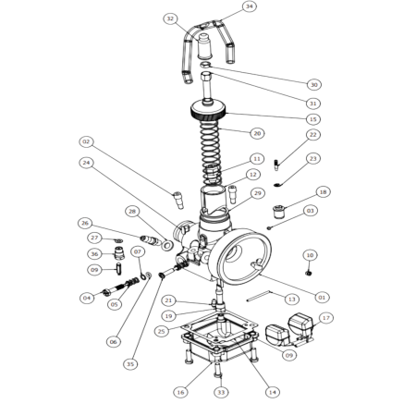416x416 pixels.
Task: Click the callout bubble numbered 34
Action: pyautogui.click(x=250, y=6)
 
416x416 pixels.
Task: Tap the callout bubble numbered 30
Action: pyautogui.click(x=314, y=85)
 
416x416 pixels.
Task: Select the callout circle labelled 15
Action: pyautogui.click(x=313, y=119)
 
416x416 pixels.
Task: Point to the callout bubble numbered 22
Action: pyautogui.click(x=313, y=135)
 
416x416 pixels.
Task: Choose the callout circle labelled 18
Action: pyautogui.click(x=323, y=192)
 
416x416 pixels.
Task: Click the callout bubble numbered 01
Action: pyautogui.click(x=322, y=298)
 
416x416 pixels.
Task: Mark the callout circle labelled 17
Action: pyautogui.click(x=326, y=318)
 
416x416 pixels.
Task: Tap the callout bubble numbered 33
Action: pyautogui.click(x=221, y=392)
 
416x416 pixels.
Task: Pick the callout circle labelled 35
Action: pyautogui.click(x=130, y=364)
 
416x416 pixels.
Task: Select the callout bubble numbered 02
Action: pyautogui.click(x=86, y=141)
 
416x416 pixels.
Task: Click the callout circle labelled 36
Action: pyautogui.click(x=94, y=254)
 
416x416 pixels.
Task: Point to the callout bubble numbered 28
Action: pyautogui.click(x=132, y=212)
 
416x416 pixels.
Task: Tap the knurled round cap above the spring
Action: pyautogui.click(x=208, y=111)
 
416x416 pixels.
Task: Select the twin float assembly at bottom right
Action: pyautogui.click(x=289, y=330)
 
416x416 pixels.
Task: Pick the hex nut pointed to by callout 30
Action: pyautogui.click(x=205, y=65)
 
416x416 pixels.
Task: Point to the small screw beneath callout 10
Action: pyautogui.click(x=308, y=273)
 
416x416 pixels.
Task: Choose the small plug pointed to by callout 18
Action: pyautogui.click(x=278, y=211)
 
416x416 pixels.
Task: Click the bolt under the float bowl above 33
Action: pyautogui.click(x=218, y=370)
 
